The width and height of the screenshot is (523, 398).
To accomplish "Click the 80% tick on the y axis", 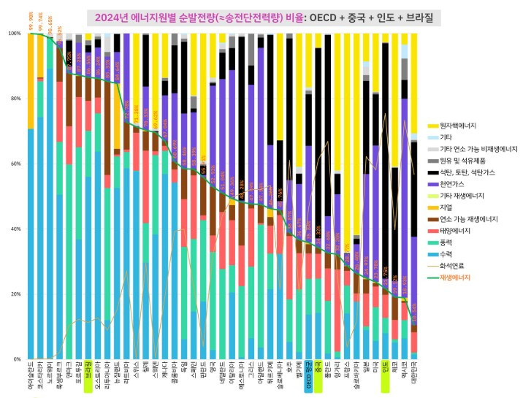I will (14, 99).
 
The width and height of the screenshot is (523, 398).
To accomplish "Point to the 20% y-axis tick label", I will (14, 294).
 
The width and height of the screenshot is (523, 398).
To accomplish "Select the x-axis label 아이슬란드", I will (31, 378).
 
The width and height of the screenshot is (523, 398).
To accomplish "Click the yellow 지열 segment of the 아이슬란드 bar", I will (31, 80).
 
